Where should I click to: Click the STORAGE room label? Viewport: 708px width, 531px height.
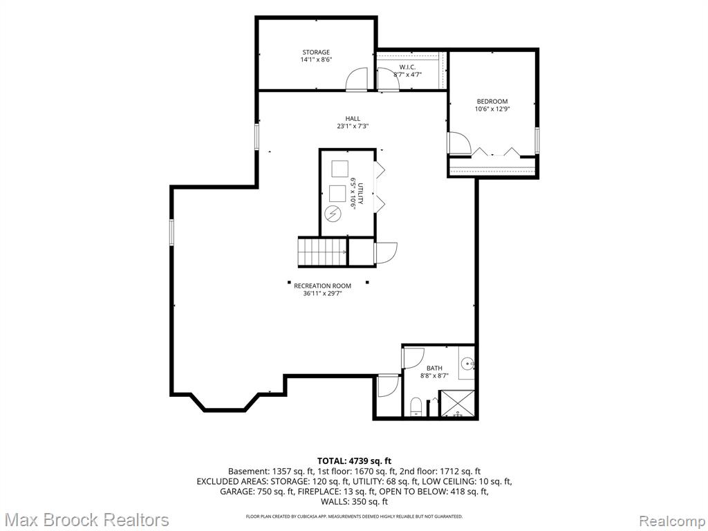pyautogui.click(x=316, y=53)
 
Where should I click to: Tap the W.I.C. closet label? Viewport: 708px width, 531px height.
pyautogui.click(x=407, y=67)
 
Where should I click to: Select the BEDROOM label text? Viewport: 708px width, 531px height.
pyautogui.click(x=492, y=102)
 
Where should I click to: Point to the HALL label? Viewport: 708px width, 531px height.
pyautogui.click(x=353, y=119)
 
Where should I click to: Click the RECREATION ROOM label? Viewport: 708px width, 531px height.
pyautogui.click(x=322, y=286)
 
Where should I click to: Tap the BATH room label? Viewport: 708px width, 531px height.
pyautogui.click(x=434, y=368)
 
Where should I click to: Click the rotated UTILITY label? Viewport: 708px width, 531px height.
pyautogui.click(x=360, y=194)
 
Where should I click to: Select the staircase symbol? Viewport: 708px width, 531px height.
pyautogui.click(x=322, y=252)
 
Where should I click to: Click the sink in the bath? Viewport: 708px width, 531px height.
pyautogui.click(x=469, y=362)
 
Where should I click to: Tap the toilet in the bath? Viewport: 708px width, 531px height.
pyautogui.click(x=416, y=407)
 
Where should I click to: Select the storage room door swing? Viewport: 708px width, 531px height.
pyautogui.click(x=357, y=79)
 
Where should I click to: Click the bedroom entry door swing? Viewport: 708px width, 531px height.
pyautogui.click(x=460, y=143)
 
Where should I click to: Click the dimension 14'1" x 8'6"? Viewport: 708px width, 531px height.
pyautogui.click(x=316, y=59)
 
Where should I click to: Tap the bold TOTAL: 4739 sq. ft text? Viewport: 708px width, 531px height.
pyautogui.click(x=354, y=461)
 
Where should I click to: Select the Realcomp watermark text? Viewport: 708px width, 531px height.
pyautogui.click(x=672, y=520)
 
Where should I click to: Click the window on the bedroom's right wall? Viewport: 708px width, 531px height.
pyautogui.click(x=537, y=140)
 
